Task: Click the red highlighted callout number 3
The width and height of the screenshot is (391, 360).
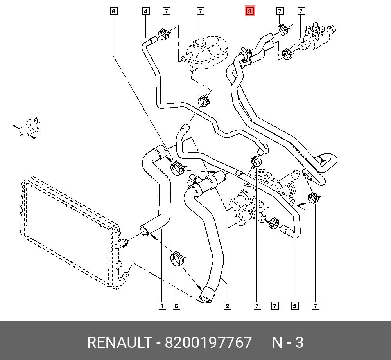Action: [x=249, y=11]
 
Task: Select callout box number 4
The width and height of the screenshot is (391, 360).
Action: [x=145, y=11]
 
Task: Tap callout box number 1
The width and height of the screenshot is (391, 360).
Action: [x=161, y=306]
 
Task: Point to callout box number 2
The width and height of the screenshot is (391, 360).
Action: [x=227, y=306]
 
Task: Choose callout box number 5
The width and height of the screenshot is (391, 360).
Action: [x=294, y=306]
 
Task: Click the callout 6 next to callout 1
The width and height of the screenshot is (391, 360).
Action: [x=176, y=306]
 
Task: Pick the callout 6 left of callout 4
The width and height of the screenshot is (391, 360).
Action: [x=113, y=11]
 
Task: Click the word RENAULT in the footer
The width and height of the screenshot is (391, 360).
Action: [x=119, y=342]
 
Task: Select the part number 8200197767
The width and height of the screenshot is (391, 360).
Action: [x=208, y=342]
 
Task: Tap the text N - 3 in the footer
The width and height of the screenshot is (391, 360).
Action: [x=288, y=342]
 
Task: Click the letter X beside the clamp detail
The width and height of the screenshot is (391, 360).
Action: [x=22, y=134]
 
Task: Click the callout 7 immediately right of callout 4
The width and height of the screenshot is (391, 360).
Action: [x=166, y=11]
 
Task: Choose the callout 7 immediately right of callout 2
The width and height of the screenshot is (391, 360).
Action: [x=257, y=306]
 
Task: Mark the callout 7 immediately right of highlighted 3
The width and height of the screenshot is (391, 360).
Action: [x=280, y=11]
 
